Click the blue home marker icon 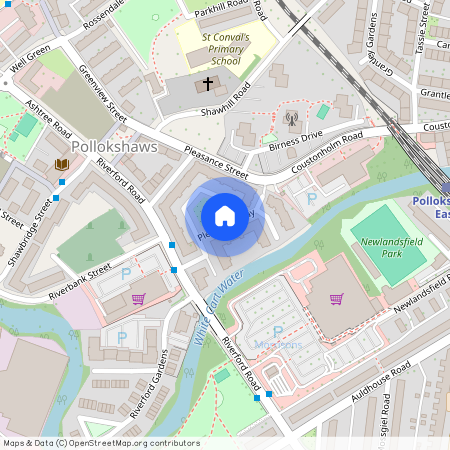pos(225,215)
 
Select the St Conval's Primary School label pos(212,49)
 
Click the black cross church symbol pos(209,84)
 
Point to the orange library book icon pos(62,164)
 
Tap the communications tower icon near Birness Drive pos(291,121)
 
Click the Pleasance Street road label pos(215,159)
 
